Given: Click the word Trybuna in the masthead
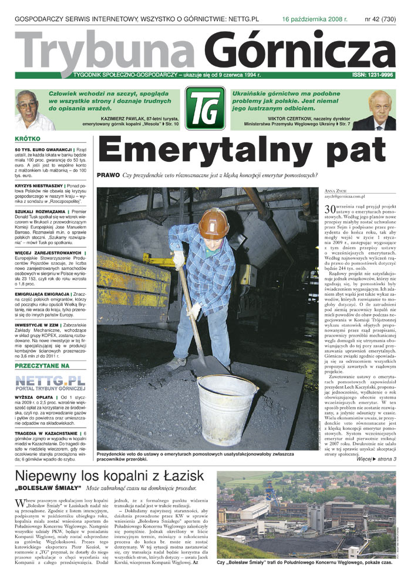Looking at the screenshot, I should [x=103, y=51].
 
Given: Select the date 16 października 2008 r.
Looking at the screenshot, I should [x=315, y=19].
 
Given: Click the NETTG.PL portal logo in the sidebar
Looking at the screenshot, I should [x=48, y=383].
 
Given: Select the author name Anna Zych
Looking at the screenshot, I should [x=336, y=191].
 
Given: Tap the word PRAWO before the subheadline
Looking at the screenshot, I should [x=108, y=175].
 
